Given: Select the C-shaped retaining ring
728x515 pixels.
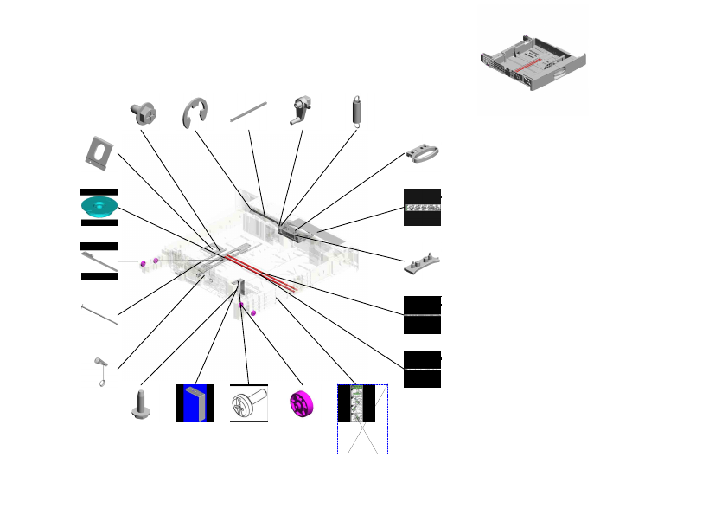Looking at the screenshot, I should pos(196,113).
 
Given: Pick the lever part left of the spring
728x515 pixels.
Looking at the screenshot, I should pos(301,112).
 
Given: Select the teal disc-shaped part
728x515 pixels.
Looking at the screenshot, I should pos(99,207).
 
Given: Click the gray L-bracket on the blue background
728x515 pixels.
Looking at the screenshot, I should pos(195,402).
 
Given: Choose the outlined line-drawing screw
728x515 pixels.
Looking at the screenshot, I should pos(248,403).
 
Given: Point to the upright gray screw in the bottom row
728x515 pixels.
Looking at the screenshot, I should pos(141,403).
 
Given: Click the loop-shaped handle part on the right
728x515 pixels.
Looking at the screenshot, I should pos(424,153).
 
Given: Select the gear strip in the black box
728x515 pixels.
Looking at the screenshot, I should pos(422,208).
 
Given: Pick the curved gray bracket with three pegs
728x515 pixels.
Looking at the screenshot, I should pos(423,262).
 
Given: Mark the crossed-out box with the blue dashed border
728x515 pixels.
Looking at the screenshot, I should pos(362,420).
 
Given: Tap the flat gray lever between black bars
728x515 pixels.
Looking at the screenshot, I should pos(99,261).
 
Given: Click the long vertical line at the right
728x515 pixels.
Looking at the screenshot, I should pos(603,281).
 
